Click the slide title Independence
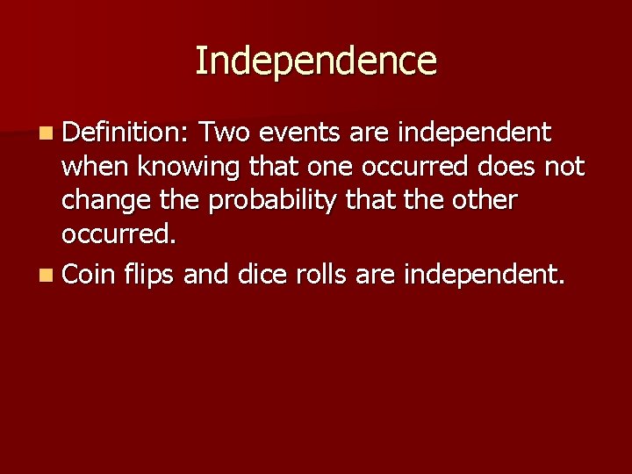point(315,61)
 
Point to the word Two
point(225,133)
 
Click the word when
point(95,167)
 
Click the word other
point(486,201)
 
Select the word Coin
point(90,275)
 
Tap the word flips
point(152,276)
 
